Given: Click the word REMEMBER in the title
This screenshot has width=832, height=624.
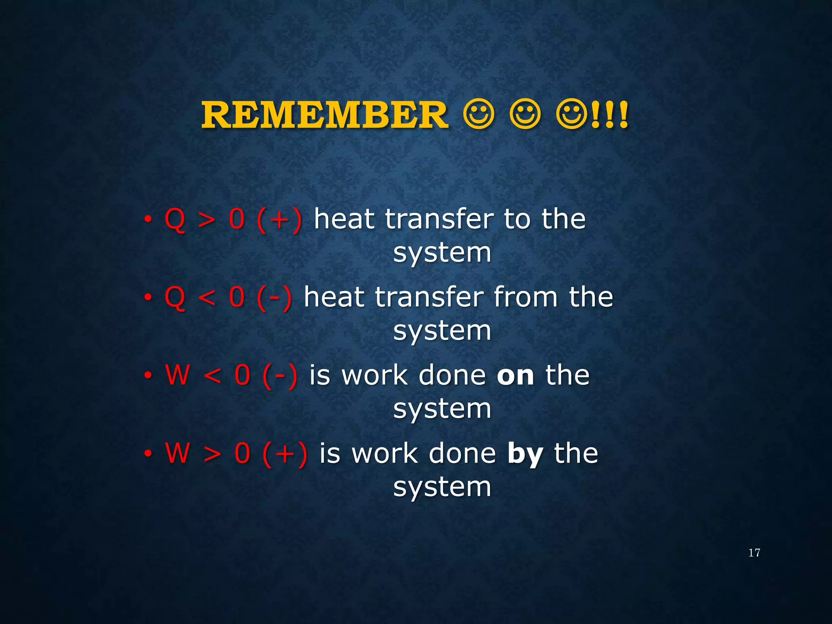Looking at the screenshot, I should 325,115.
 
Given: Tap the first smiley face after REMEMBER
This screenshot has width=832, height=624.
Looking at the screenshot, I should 479,115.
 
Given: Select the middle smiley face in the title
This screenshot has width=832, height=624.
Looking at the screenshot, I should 525,115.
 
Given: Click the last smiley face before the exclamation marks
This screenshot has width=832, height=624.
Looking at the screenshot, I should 572,115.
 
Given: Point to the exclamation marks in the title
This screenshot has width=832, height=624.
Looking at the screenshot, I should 609,115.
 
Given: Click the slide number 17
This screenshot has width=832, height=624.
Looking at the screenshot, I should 754,553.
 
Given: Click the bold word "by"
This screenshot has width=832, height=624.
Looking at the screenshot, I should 525,454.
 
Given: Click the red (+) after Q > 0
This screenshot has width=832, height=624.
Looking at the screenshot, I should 279,220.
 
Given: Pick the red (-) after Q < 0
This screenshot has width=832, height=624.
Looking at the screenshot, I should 274,298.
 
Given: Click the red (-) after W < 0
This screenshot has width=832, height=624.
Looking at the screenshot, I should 280,376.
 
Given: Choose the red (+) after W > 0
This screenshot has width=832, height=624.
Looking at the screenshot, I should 285,454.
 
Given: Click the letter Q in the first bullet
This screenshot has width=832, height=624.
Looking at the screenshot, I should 175,220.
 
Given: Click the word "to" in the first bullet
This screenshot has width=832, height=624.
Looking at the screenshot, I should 517,219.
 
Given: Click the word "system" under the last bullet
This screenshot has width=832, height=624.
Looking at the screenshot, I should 442,487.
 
